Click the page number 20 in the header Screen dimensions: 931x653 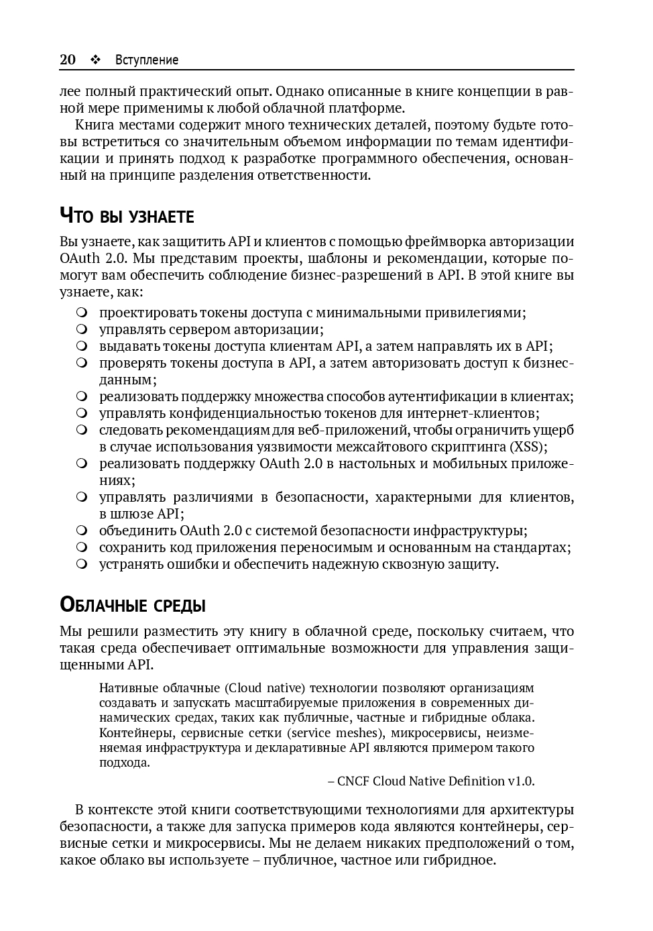68,60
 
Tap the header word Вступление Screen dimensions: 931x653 147,60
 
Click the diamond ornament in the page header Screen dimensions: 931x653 95,60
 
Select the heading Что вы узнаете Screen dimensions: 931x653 127,216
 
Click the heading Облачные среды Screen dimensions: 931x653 132,605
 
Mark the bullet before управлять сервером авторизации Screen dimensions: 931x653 82,329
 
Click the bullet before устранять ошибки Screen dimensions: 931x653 82,564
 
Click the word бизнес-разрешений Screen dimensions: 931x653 359,275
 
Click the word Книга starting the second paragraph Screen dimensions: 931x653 95,125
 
